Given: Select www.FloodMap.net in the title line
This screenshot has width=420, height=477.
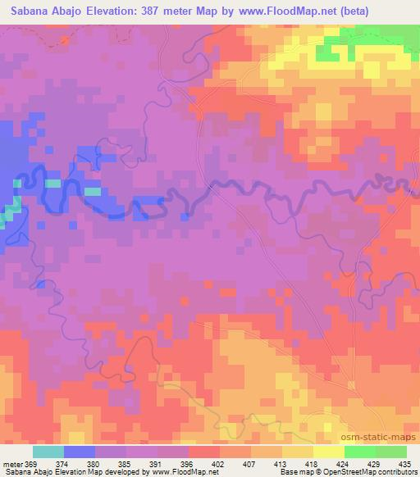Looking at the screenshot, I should click(296, 11).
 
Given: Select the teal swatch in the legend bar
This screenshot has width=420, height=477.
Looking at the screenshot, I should click(48, 451).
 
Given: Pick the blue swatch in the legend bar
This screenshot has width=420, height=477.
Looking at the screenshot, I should click(80, 451).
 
